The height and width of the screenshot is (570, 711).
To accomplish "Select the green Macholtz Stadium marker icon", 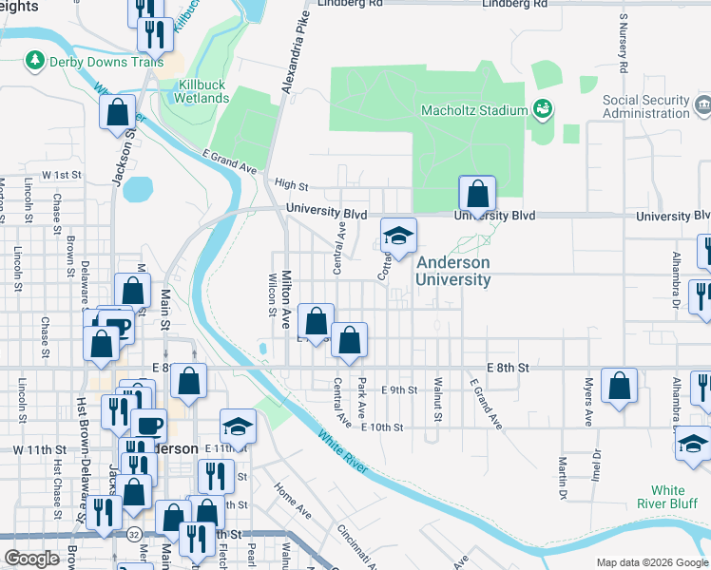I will (542, 109).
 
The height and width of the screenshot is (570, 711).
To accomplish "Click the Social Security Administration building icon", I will (703, 102).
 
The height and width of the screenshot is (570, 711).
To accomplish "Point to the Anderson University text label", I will (454, 271).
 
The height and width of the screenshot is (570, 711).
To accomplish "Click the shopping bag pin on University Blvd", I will (477, 194).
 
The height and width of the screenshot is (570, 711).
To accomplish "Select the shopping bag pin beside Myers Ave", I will (619, 386).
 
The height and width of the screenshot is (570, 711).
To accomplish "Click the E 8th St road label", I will (507, 367).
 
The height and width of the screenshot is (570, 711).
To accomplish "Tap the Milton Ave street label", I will (284, 299).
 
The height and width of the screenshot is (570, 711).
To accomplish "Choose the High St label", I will (291, 185).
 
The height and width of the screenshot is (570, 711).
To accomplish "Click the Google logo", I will (31, 559).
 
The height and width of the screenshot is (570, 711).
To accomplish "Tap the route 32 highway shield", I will (136, 534).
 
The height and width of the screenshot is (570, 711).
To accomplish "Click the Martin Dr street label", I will (563, 479).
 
